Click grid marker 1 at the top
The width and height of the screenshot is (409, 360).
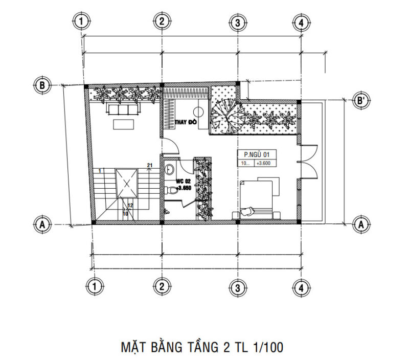coord(81,21)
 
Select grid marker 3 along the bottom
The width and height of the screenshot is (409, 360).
coord(237,287)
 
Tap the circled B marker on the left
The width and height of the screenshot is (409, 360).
coord(42,85)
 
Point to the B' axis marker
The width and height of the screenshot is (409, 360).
coord(361,101)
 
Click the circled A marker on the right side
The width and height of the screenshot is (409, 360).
coord(361,223)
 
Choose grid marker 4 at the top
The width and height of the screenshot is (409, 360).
coord(301,22)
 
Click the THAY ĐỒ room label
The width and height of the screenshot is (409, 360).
coord(186,123)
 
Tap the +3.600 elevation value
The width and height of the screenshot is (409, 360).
coord(264,163)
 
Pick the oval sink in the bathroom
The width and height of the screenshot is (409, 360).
coord(170,170)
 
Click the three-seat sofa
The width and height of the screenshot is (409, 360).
coord(122,109)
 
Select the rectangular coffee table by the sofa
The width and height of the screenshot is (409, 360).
coord(125,123)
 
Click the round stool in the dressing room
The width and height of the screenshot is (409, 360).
coord(198,112)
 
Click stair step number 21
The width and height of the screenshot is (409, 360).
coord(150,165)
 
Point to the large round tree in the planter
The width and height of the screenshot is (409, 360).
coord(224,116)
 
